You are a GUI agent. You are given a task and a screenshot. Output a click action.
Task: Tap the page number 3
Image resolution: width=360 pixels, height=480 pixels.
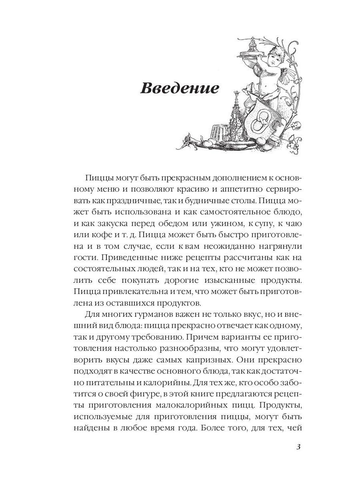coord(298,447)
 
